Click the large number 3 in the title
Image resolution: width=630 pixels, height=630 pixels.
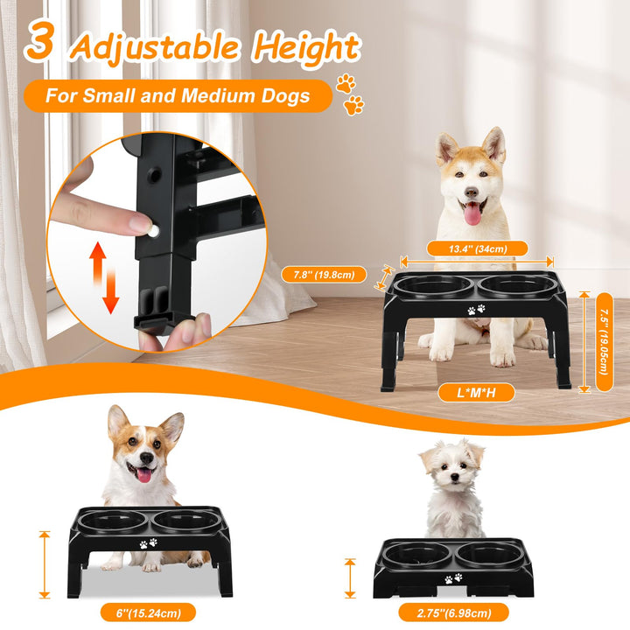pos(39,40)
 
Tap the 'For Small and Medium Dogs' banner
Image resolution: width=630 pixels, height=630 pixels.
pos(178,96)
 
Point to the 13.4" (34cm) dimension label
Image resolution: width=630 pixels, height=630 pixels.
pos(477,248)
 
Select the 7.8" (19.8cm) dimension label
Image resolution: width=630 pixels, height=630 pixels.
pos(324,275)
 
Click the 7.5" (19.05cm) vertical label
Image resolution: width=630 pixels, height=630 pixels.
pos(604,342)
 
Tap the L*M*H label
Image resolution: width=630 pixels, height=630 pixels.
pos(476,393)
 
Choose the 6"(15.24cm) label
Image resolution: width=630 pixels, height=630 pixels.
pos(148,613)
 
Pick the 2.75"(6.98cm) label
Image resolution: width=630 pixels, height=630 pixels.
pos(453,613)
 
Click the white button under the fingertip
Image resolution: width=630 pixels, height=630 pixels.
pos(153,230)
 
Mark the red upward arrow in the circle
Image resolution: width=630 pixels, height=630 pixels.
pos(97,262)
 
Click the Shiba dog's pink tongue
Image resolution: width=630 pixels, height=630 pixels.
pos(472,214)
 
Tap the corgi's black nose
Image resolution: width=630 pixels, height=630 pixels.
pos(146,458)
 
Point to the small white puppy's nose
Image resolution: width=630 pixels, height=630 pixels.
pos(454,477)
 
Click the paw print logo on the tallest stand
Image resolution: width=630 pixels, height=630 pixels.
pos(476,310)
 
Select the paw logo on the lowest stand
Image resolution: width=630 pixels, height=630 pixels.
pos(453,579)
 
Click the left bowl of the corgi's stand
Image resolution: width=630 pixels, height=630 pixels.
pos(112,521)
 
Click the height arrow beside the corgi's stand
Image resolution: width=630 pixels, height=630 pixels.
pos(45,564)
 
